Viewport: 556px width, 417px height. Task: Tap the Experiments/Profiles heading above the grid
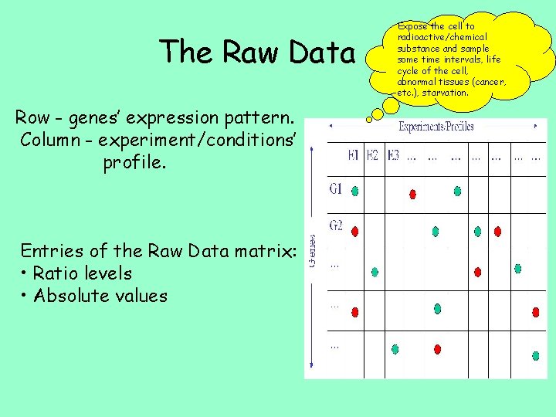436,127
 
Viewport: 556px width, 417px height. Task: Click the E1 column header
354,155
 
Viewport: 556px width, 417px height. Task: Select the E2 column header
372,155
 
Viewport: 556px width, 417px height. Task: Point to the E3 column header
392,155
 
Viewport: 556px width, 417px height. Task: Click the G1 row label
336,188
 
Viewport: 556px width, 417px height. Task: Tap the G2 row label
336,225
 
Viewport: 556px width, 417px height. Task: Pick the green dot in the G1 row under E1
354,192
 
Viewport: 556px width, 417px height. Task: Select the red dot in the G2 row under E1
354,231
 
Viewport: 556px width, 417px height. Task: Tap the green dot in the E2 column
375,272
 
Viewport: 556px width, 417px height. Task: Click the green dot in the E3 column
395,349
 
